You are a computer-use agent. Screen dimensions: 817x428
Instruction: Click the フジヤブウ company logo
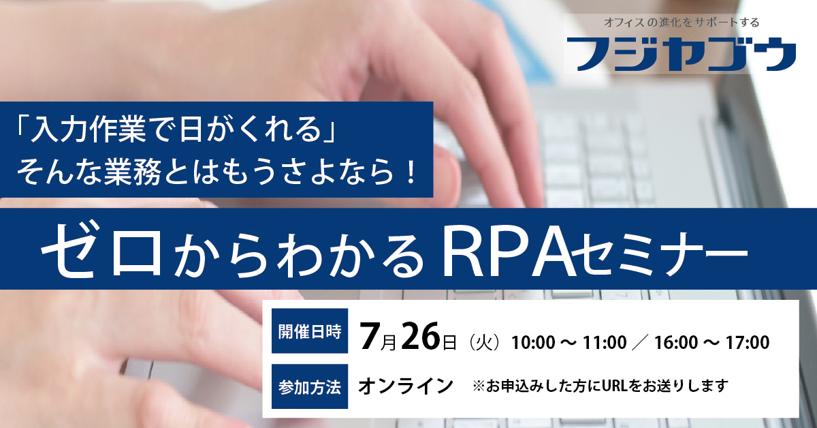point(682,54)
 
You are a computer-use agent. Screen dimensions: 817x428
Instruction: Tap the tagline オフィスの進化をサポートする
point(682,22)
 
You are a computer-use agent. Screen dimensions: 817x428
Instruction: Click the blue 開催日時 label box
point(310,331)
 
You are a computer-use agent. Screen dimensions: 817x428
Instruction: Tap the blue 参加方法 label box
point(310,386)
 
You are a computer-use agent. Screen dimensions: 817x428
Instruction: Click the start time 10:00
point(534,343)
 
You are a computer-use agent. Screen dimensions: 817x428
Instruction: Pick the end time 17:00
point(748,343)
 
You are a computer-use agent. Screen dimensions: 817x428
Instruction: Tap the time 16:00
point(676,343)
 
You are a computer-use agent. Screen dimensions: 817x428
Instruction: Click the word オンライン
point(406,386)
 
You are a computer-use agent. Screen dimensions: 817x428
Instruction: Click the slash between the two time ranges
point(641,343)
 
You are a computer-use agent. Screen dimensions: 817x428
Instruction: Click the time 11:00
point(605,343)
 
